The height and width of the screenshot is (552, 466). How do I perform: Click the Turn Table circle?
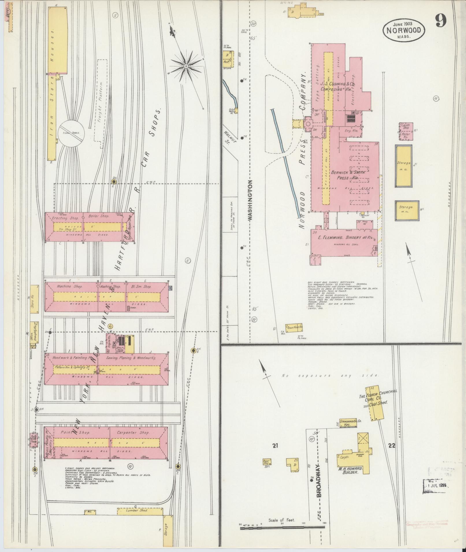[x=72, y=134]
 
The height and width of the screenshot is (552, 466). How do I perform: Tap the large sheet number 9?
[x=441, y=20]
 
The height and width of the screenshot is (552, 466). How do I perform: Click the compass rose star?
[x=186, y=67]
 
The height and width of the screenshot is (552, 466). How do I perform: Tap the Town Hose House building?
[x=294, y=327]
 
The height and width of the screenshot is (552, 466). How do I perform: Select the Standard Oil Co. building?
[x=350, y=423]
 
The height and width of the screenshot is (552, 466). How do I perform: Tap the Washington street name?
[x=250, y=201]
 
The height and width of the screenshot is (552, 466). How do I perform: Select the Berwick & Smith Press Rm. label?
[x=348, y=175]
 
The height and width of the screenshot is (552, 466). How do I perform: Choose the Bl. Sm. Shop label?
[x=141, y=287]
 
